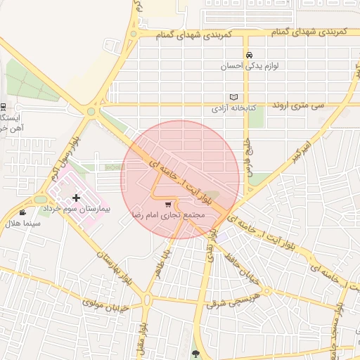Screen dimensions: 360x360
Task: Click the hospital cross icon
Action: click(x=77, y=198)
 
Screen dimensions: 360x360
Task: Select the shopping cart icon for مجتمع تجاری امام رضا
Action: click(x=167, y=205)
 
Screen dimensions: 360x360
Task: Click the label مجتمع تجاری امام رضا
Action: click(x=169, y=214)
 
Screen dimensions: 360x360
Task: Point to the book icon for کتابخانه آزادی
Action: click(x=234, y=97)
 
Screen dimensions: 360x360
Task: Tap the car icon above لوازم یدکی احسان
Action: click(x=249, y=54)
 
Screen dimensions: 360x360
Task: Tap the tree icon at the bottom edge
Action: click(x=195, y=354)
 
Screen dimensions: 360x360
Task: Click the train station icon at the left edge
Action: click(x=3, y=107)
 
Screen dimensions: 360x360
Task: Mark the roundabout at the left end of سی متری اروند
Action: click(x=91, y=110)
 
